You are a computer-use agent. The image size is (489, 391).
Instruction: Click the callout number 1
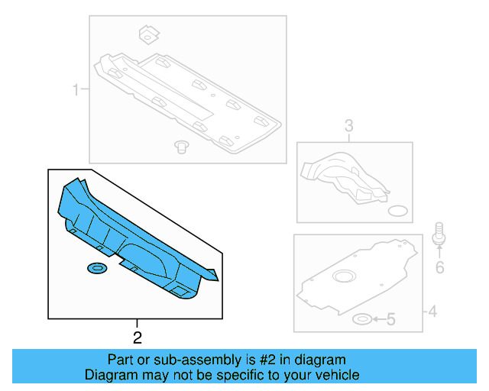tap(76, 92)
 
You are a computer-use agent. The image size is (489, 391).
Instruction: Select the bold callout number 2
tap(138, 337)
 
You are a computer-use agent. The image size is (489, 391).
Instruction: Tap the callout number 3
tap(348, 126)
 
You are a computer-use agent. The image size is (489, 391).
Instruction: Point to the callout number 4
tap(432, 311)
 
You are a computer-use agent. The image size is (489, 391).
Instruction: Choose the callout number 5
tap(390, 319)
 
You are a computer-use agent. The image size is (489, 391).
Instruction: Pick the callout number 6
tap(439, 267)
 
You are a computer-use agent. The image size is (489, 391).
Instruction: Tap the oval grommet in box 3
tap(398, 211)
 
